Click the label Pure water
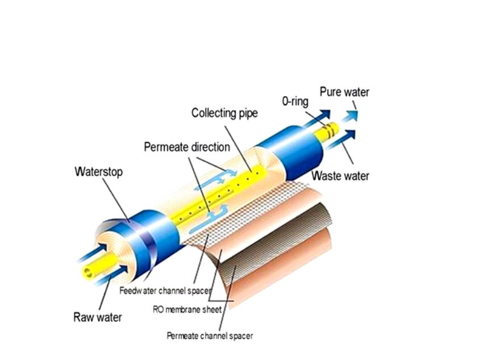point(344,92)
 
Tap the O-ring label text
point(295,101)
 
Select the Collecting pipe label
point(224,113)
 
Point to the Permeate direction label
point(187,147)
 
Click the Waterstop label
point(99,172)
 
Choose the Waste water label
point(340,176)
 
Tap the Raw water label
point(97,317)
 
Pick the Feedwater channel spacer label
point(165,291)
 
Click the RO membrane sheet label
point(187,309)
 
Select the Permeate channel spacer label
point(210,336)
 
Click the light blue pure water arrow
point(349,116)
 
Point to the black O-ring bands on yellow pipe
point(328,130)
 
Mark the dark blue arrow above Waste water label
point(341,139)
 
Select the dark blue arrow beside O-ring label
point(316,118)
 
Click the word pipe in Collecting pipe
point(248,114)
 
